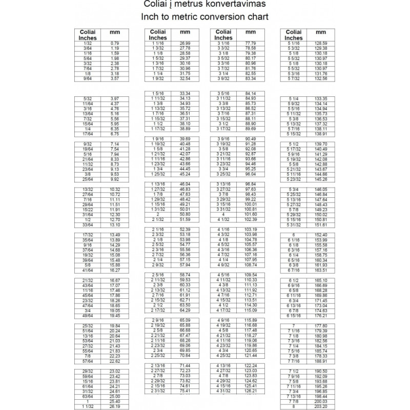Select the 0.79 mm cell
click(x=115, y=43)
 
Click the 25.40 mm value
click(x=115, y=401)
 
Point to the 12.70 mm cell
click(x=115, y=219)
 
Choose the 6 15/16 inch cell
click(x=294, y=316)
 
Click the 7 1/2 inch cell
click(x=294, y=371)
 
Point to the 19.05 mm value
click(x=115, y=311)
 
